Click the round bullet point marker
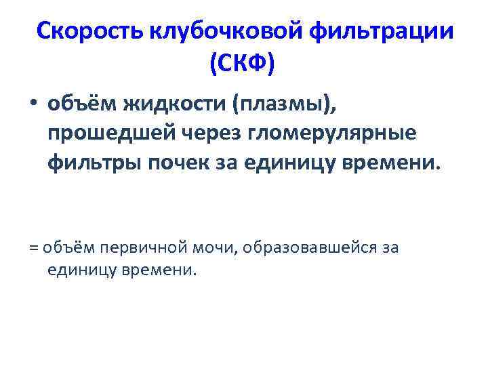pos(33,106)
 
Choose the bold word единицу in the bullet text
pos(299,163)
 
